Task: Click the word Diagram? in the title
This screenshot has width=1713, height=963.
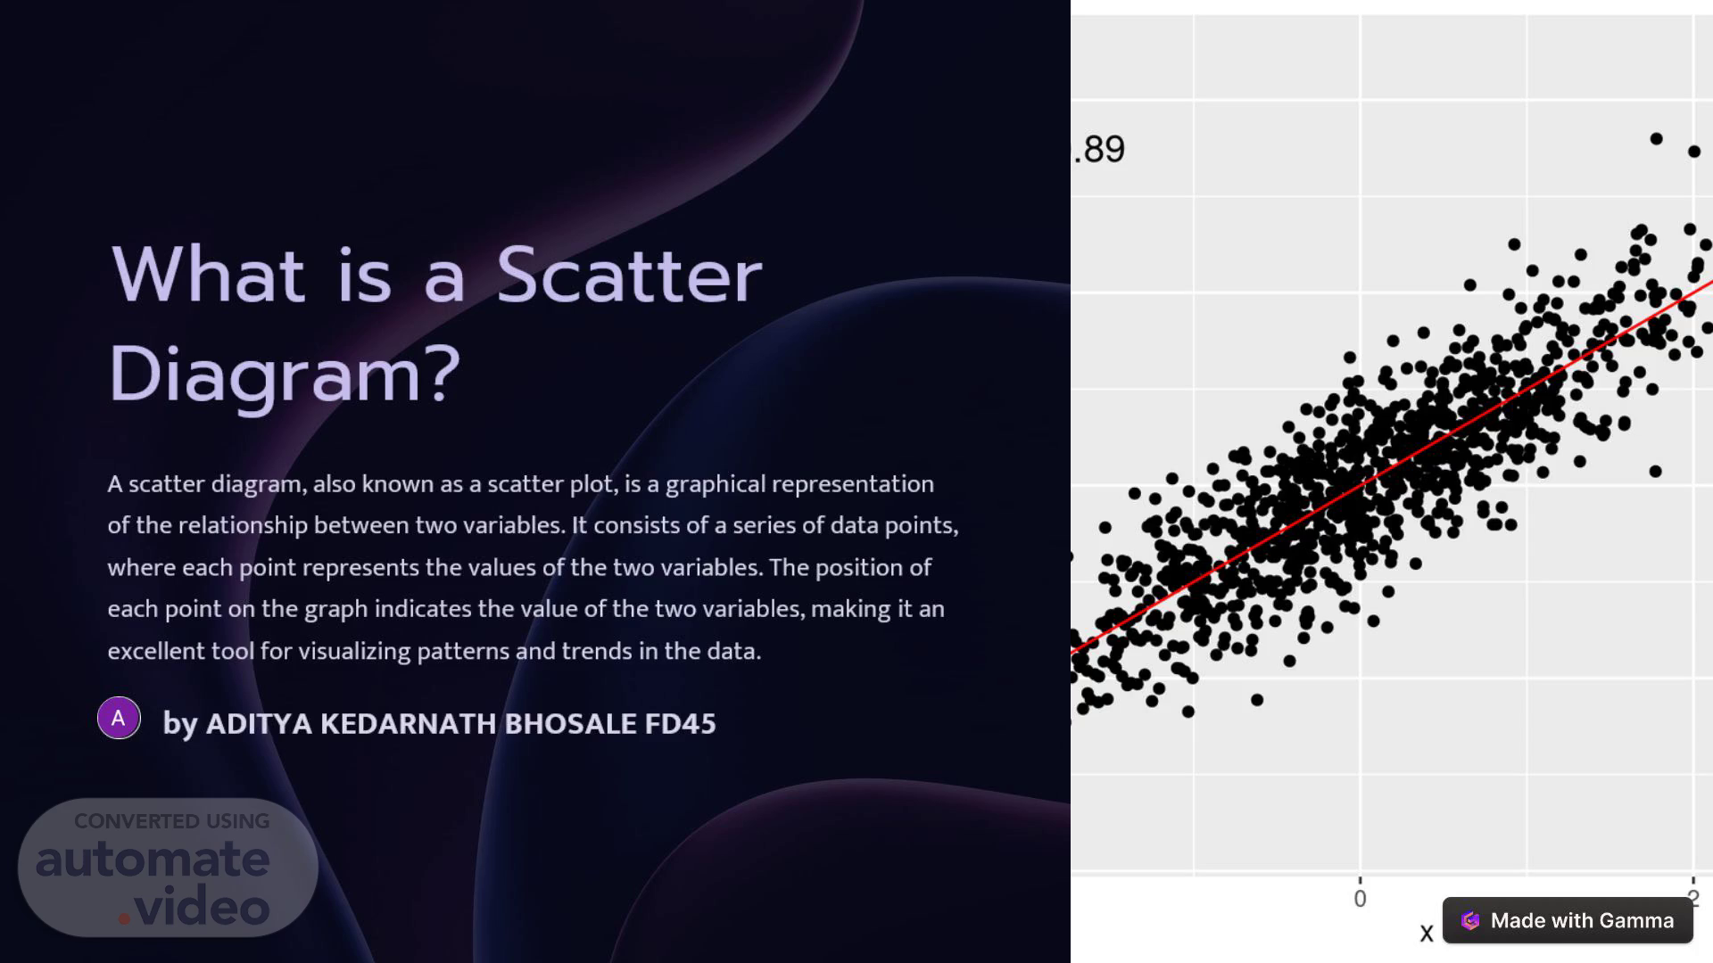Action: [285, 374]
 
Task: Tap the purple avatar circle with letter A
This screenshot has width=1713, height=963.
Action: [119, 718]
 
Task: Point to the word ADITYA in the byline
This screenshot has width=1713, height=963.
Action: [259, 723]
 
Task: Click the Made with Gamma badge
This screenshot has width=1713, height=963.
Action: [1568, 920]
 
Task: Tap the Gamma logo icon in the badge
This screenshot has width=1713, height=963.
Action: [1470, 920]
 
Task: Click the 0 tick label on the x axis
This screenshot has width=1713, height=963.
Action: [1360, 899]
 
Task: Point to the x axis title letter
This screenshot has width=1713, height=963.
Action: [1427, 934]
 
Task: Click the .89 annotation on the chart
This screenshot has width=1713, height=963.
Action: [1099, 149]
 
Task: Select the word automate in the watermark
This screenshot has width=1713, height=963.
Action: [153, 859]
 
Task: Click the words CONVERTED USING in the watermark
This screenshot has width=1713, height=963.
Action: [172, 821]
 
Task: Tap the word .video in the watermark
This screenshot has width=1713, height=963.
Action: [194, 907]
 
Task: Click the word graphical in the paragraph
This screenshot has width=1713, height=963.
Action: [716, 485]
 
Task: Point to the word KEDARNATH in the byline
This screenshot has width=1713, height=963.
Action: [408, 723]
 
